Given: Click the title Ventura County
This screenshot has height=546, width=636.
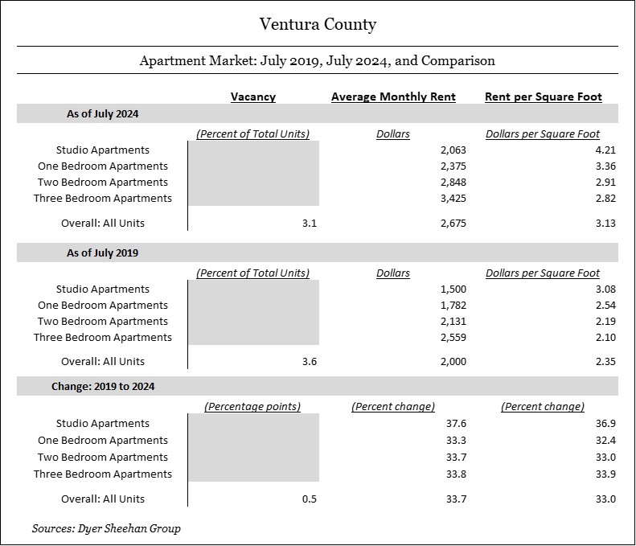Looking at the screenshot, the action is coord(318,24).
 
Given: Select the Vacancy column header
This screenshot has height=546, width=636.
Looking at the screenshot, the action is coord(253,96).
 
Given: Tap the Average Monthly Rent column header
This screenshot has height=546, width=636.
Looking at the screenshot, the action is coord(393,96).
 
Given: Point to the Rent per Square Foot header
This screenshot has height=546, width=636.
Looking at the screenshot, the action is coord(543,96).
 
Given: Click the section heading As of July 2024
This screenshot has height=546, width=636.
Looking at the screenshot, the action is coord(103,113).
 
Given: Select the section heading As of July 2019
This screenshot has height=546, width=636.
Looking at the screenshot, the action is coord(103,252).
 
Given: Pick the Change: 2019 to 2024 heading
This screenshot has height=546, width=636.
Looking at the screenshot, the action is coord(103,386).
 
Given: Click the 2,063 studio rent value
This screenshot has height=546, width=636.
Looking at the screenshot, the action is coord(453,150).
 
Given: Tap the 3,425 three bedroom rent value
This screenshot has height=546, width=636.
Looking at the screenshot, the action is coord(453,199).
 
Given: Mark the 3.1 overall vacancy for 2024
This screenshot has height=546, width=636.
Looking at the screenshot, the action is coord(310,223).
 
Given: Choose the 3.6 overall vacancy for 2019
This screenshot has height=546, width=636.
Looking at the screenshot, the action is coord(310,361).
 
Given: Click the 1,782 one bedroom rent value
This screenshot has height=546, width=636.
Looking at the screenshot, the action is coord(453,305).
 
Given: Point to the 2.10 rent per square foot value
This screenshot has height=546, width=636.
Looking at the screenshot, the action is coord(605,337).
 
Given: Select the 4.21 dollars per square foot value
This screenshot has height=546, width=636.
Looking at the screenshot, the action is coord(605,150).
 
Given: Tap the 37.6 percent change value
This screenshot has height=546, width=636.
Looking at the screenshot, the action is coord(457,424).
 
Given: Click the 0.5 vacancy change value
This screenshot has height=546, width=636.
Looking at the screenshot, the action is coord(310,499).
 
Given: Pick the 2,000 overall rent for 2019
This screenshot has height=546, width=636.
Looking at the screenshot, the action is coord(453,361).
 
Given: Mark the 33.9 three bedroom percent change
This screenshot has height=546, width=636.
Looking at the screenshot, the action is coord(605,474).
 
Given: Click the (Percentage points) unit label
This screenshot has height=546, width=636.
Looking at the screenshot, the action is coord(252,406).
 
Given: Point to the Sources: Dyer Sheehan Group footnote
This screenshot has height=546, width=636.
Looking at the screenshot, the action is coord(106,528).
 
